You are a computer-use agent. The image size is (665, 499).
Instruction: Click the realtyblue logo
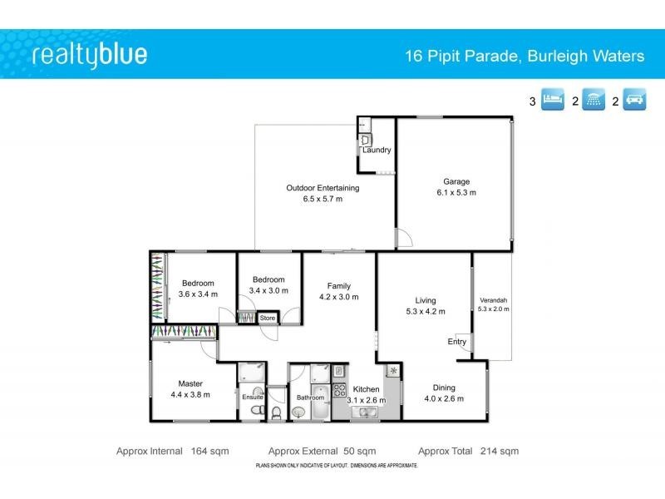(90, 55)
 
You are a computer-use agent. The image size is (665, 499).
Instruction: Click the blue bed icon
(553, 101)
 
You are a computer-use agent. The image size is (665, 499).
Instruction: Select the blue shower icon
(594, 101)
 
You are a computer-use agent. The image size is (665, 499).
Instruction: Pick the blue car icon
(635, 101)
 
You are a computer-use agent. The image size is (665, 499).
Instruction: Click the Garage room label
(456, 181)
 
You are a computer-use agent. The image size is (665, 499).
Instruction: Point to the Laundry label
(377, 151)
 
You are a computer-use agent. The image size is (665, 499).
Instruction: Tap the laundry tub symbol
(367, 139)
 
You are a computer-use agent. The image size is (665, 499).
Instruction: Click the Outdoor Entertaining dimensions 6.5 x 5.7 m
(323, 200)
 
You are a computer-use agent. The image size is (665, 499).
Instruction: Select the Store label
(267, 318)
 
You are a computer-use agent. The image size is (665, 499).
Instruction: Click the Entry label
(457, 342)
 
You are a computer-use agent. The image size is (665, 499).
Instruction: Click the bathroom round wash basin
(298, 412)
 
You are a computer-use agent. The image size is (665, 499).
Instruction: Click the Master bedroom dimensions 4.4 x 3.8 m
(190, 396)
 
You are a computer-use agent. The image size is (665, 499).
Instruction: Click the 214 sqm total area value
(499, 452)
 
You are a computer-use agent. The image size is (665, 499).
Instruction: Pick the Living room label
(426, 300)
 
